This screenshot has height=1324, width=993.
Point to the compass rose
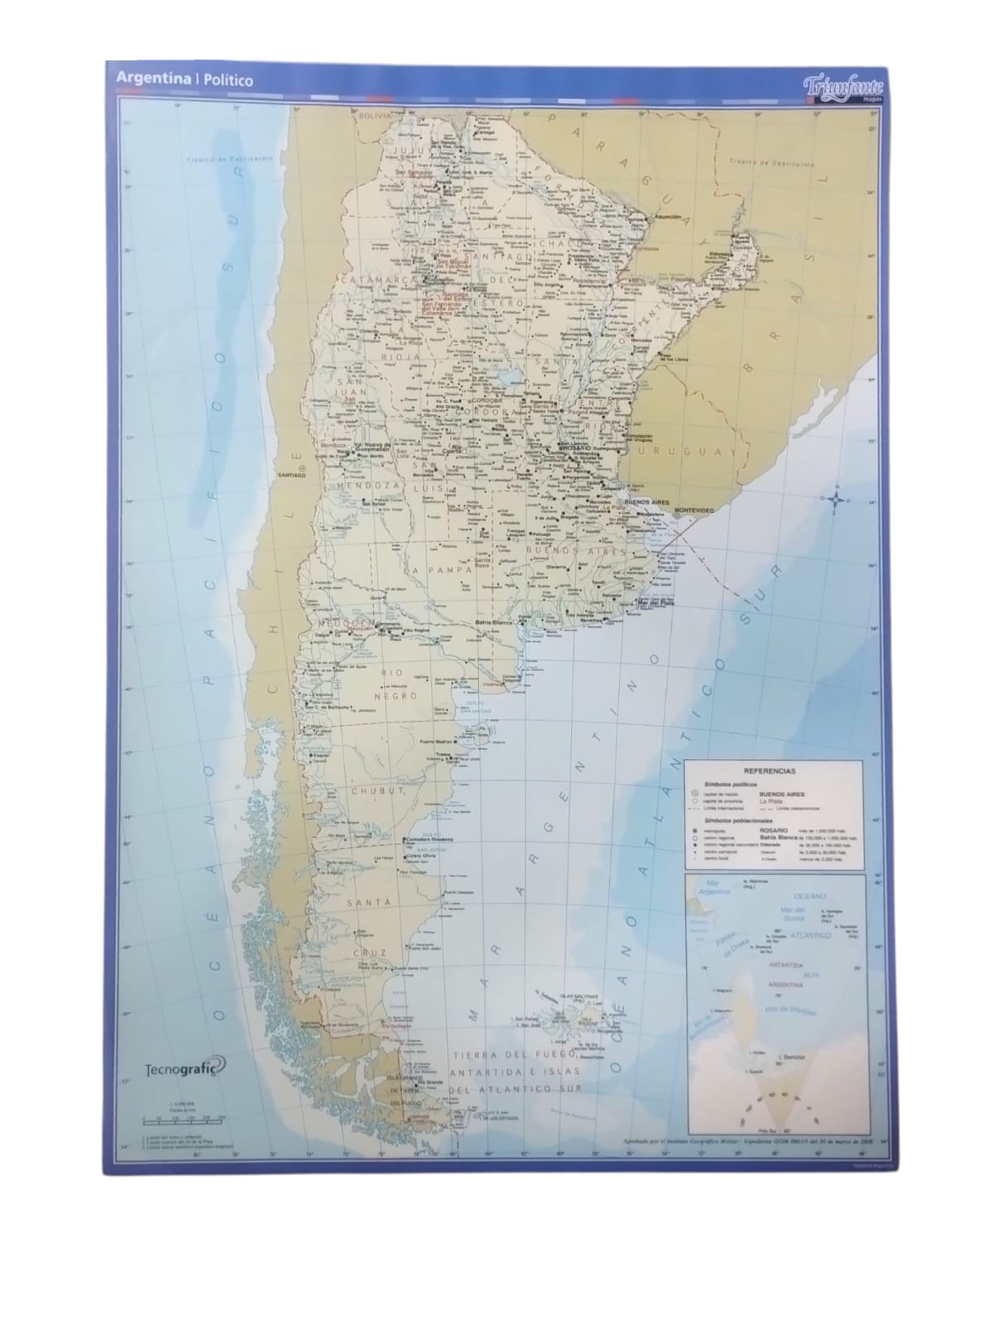836,498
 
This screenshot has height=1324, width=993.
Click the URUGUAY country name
699,453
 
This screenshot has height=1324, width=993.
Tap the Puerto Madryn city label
439,741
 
